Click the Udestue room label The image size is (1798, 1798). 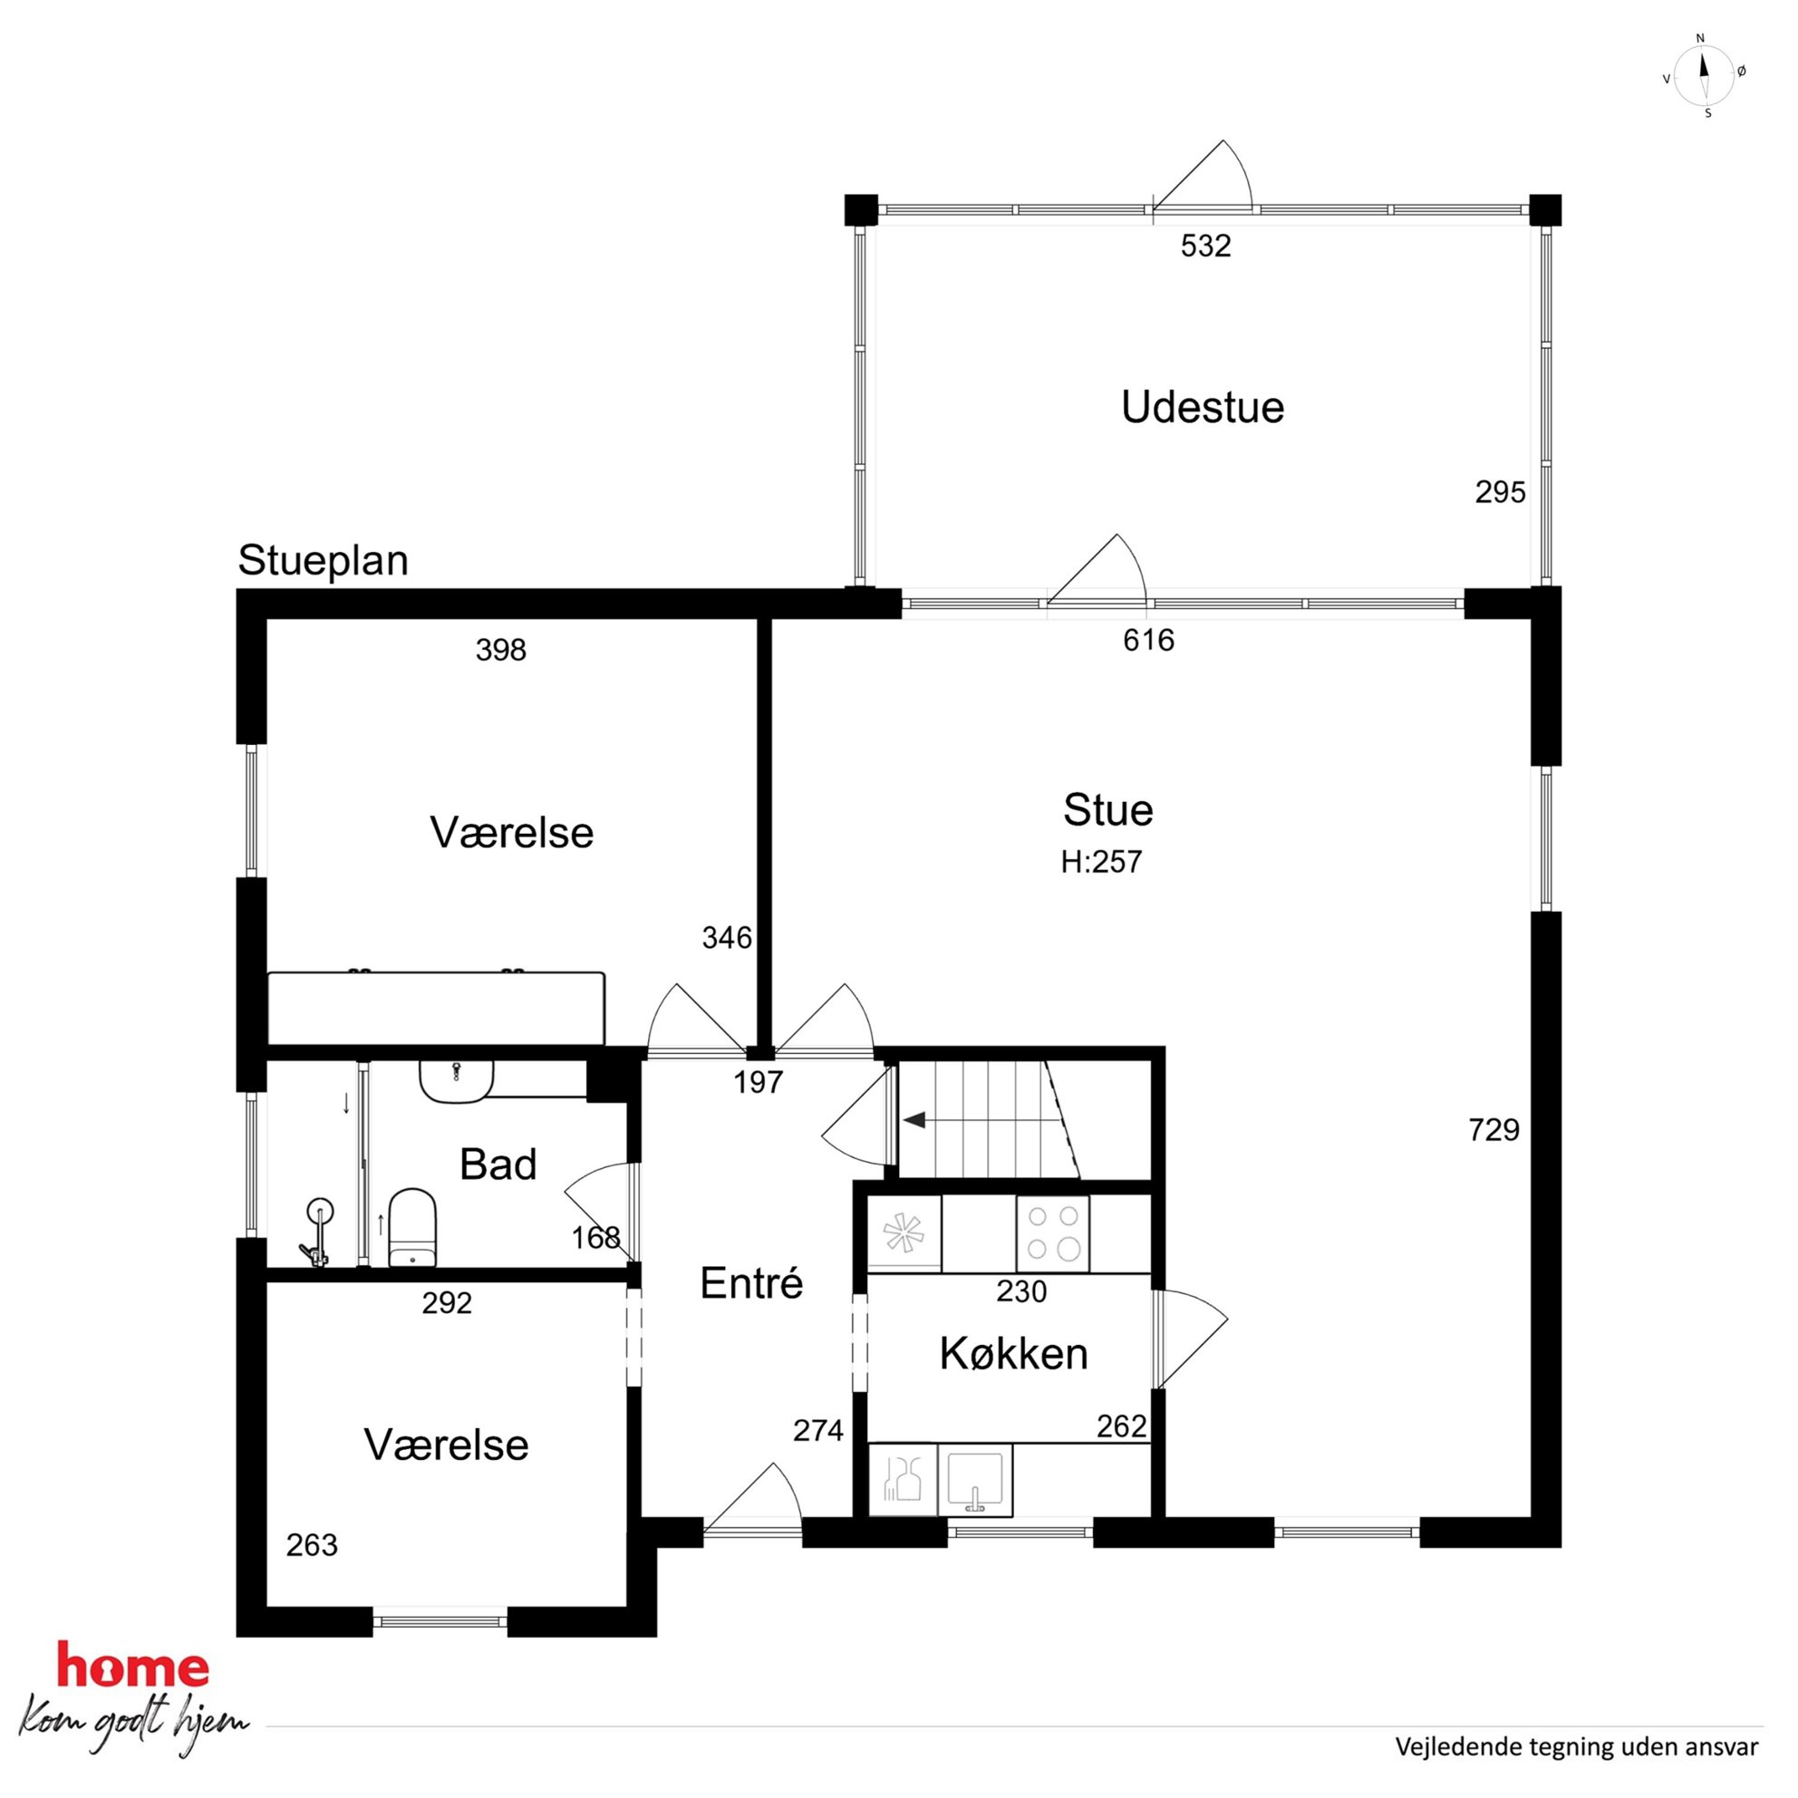tap(1203, 408)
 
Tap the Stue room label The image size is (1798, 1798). tap(1107, 809)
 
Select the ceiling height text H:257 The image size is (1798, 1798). tap(1101, 862)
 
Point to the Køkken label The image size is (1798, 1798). tap(1013, 1353)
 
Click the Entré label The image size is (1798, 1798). tap(751, 1283)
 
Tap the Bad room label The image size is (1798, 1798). tap(498, 1165)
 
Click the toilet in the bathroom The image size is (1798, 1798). tap(412, 1226)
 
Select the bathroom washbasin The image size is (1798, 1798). tap(456, 1080)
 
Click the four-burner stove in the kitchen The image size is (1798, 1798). tap(1052, 1233)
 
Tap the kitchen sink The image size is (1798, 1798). tap(974, 1480)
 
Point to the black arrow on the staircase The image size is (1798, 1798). tap(913, 1120)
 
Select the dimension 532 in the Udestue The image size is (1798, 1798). tap(1205, 246)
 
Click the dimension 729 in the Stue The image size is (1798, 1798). tap(1493, 1130)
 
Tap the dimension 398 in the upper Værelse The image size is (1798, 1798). tap(500, 650)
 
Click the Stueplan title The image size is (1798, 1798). tap(323, 561)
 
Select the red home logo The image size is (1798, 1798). tap(132, 1666)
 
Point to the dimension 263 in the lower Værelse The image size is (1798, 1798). tap(312, 1545)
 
